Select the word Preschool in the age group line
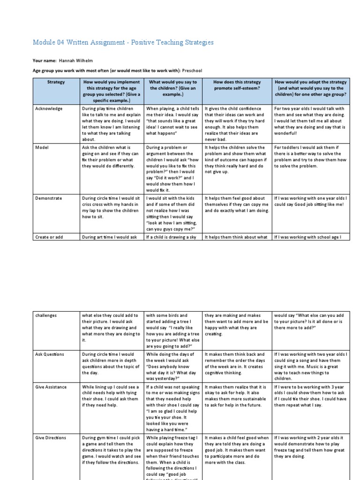pyautogui.click(x=192, y=70)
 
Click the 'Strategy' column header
pyautogui.click(x=56, y=82)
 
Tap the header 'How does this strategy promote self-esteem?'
pyautogui.click(x=237, y=85)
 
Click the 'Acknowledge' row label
pyautogui.click(x=49, y=109)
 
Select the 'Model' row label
pyautogui.click(x=42, y=147)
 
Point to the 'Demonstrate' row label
pyautogui.click(x=49, y=198)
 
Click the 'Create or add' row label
pyautogui.click(x=49, y=237)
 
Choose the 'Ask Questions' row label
pyautogui.click(x=50, y=354)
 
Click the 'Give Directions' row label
pyautogui.click(x=51, y=438)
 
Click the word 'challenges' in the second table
pyautogui.click(x=46, y=315)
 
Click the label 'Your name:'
pyautogui.click(x=45, y=61)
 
